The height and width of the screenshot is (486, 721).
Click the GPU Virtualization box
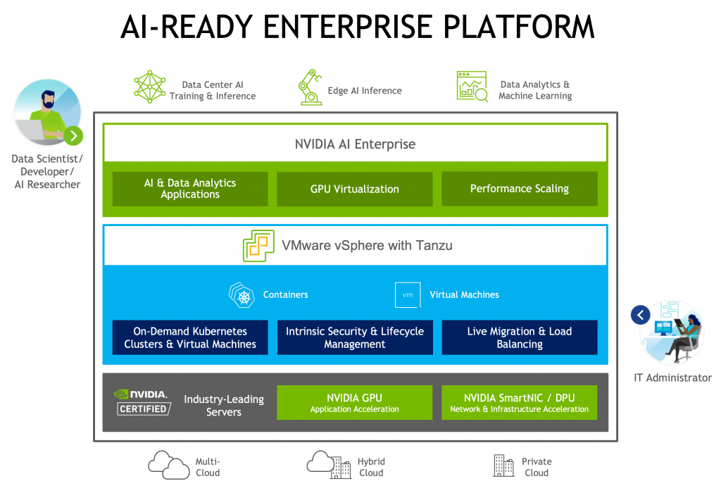tap(354, 189)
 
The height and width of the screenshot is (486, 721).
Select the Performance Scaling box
tap(519, 189)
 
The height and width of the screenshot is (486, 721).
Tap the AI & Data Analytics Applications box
tap(190, 189)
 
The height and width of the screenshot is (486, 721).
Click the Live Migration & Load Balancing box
tap(519, 337)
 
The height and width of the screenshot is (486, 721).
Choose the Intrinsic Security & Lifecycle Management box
tap(354, 337)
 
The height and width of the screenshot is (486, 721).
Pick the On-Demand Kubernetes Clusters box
tap(190, 337)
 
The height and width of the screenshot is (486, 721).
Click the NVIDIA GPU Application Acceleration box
tap(354, 403)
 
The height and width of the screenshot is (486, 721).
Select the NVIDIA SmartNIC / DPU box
tap(519, 403)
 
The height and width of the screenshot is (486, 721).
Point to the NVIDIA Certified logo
tap(142, 401)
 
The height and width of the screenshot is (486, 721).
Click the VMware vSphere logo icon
tap(258, 247)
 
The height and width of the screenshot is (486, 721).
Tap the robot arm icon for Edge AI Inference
tap(310, 88)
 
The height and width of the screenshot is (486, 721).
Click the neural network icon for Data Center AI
tap(150, 87)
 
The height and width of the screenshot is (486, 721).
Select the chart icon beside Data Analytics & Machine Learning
tap(472, 87)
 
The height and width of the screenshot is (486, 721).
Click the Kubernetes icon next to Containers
tap(242, 294)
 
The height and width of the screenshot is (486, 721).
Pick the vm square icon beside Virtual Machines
tap(408, 294)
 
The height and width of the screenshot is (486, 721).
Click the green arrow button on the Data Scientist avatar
tap(73, 136)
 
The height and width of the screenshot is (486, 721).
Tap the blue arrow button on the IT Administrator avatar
tap(640, 315)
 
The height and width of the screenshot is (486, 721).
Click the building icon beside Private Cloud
tap(503, 465)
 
